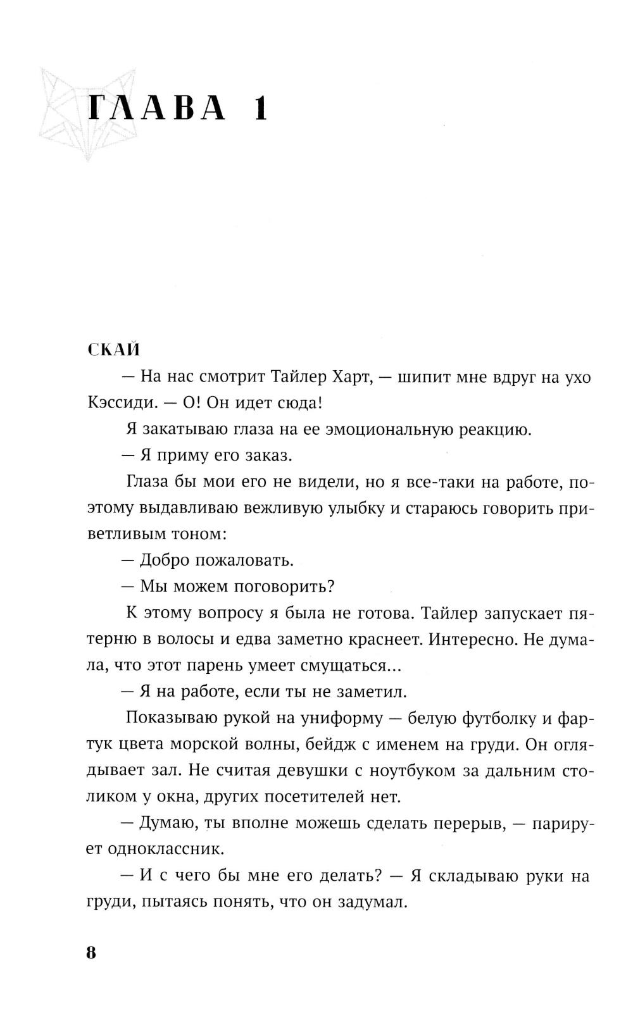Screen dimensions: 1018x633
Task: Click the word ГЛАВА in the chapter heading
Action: click(157, 109)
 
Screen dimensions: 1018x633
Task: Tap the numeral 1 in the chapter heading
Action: click(260, 109)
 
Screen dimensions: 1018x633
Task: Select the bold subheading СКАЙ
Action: click(114, 350)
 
